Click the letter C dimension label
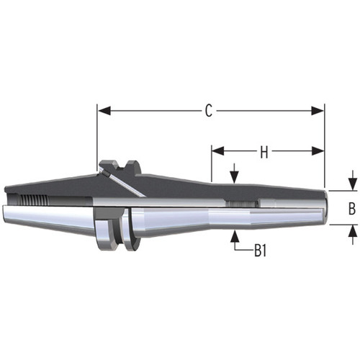point(208,111)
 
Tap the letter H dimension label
point(264,152)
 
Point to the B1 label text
point(260,251)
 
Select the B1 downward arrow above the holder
point(235,176)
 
